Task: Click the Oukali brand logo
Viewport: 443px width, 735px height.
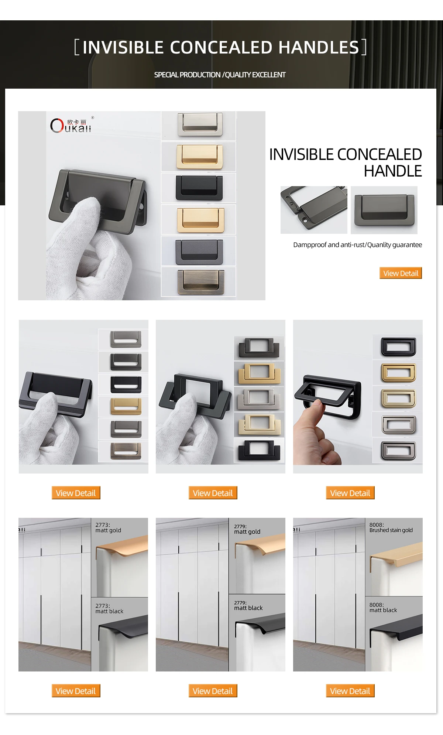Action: pos(71,126)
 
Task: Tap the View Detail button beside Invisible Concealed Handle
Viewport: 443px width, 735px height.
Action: pos(401,273)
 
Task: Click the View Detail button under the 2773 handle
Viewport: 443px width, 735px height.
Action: pos(76,691)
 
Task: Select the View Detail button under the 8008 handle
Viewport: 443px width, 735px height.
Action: pos(350,691)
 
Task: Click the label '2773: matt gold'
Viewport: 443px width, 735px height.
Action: pos(108,527)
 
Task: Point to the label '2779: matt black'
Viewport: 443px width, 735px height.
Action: pos(248,605)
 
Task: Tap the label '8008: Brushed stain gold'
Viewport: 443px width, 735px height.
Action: pos(391,527)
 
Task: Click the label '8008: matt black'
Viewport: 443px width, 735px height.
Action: pos(383,608)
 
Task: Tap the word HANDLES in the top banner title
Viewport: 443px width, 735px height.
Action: pos(319,47)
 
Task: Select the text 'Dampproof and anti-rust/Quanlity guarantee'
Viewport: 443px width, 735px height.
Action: pos(357,245)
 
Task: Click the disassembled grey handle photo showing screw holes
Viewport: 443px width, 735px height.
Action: pos(314,209)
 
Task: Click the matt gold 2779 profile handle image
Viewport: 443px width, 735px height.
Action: pos(260,561)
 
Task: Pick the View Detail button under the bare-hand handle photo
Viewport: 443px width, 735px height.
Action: pos(350,493)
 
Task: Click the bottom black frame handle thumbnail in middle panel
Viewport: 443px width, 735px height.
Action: pos(259,450)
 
